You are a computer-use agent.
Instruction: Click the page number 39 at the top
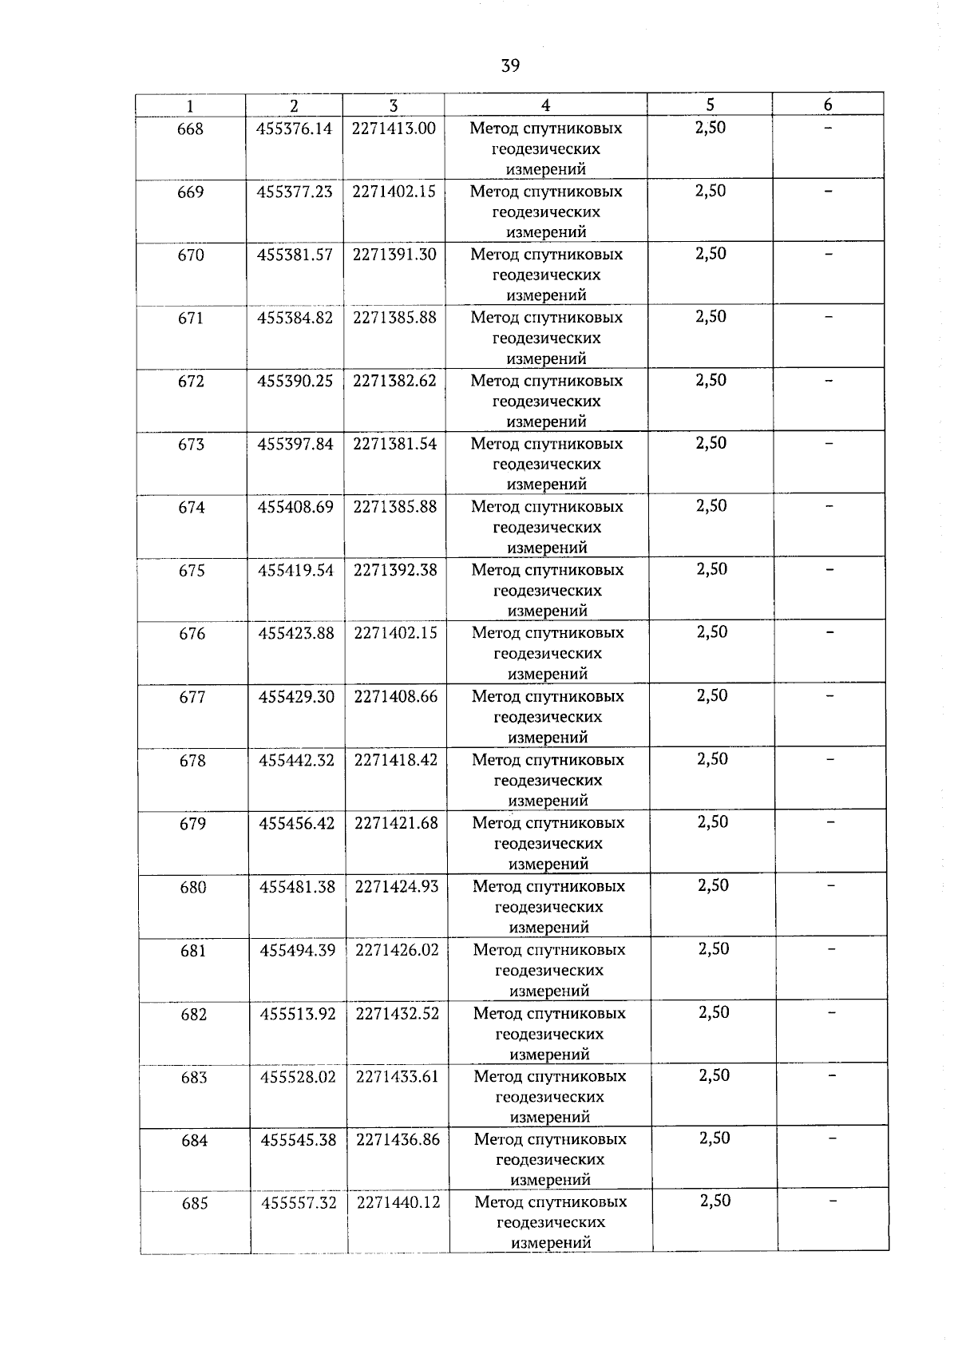coord(510,65)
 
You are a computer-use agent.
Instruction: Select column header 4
coord(545,105)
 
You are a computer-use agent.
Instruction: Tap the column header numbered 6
coord(828,105)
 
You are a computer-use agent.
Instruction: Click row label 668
coord(190,129)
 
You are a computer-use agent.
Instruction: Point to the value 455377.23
coord(295,192)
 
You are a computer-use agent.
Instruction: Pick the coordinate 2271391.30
coord(394,254)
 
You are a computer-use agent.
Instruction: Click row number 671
coord(191,319)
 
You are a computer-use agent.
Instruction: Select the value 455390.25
coord(295,381)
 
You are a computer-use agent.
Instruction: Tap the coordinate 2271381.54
coord(395,444)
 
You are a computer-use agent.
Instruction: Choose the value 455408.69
coord(295,507)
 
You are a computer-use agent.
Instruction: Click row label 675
coord(192,571)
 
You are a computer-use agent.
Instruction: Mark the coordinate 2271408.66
coord(396,696)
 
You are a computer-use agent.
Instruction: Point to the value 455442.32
coord(296,760)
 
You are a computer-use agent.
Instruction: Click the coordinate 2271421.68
coord(397,823)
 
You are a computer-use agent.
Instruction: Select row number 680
coord(193,888)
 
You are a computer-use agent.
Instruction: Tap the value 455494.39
coord(298,950)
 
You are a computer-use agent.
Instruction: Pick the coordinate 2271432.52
coord(398,1013)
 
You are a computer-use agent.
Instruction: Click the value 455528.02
coord(299,1076)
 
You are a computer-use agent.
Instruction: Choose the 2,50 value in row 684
coord(715,1138)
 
